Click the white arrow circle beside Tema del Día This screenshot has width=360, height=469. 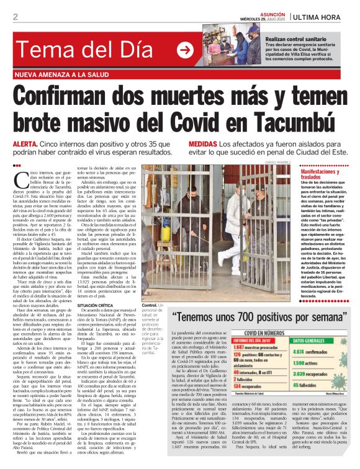[184, 50]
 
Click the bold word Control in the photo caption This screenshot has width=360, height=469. [150, 306]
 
